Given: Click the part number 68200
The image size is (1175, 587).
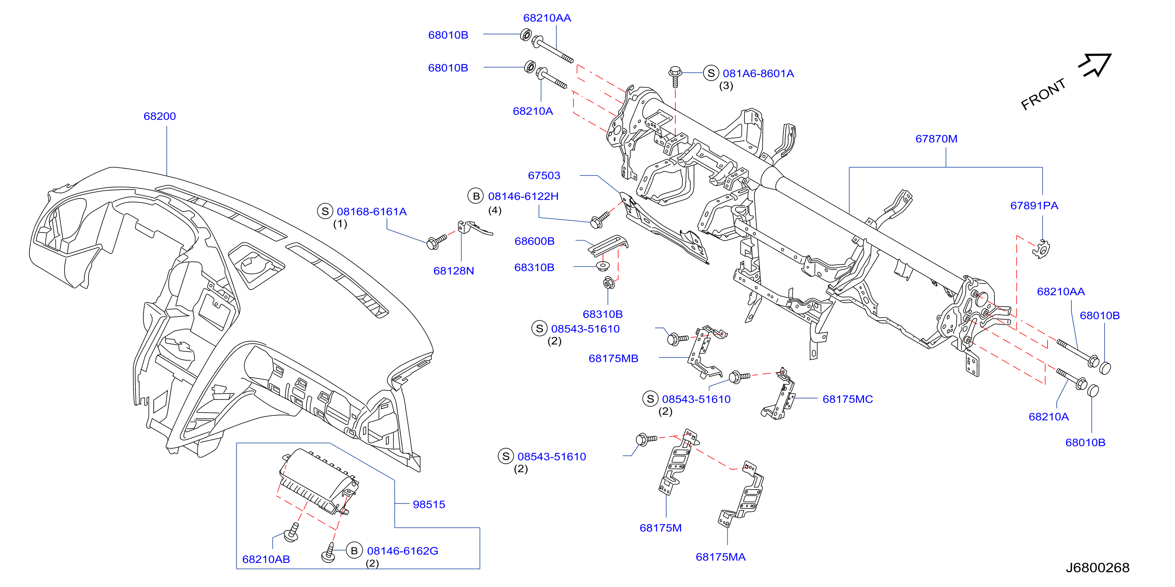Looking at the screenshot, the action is click(x=160, y=116).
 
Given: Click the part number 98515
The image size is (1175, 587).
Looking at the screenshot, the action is click(x=429, y=504).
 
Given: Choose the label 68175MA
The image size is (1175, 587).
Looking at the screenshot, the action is click(x=721, y=557).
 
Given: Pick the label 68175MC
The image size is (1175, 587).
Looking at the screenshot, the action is click(x=847, y=399).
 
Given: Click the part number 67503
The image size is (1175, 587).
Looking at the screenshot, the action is click(x=544, y=176).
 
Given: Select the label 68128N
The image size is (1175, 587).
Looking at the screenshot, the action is click(x=453, y=271).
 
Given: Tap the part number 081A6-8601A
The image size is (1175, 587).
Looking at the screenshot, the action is click(x=758, y=74).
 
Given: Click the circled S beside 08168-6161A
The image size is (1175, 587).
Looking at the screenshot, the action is click(x=325, y=212).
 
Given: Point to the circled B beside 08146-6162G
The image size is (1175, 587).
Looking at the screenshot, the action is click(x=354, y=551).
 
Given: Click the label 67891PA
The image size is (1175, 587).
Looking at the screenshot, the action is click(x=1034, y=206).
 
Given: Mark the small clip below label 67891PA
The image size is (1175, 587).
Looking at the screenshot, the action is click(x=1041, y=249).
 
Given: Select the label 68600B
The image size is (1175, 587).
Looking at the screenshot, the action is click(x=535, y=241).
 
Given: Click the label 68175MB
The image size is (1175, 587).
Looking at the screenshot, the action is click(x=613, y=359).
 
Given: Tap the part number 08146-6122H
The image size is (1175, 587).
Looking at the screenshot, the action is click(x=523, y=197).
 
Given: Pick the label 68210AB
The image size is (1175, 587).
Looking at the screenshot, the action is click(x=266, y=559).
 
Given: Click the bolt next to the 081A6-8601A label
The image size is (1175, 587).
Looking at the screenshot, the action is click(x=675, y=77).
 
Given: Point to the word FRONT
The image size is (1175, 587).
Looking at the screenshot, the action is click(x=1043, y=94).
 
